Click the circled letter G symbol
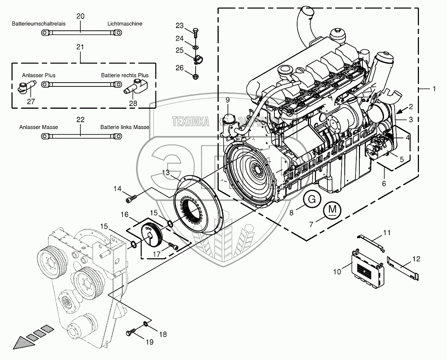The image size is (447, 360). click(312, 199)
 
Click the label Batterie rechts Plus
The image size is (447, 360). click(125, 75)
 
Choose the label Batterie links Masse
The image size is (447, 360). click(125, 127)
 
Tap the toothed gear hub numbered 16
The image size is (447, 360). click(153, 235)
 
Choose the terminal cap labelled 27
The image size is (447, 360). click(26, 89)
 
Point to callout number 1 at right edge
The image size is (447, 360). click(434, 89)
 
